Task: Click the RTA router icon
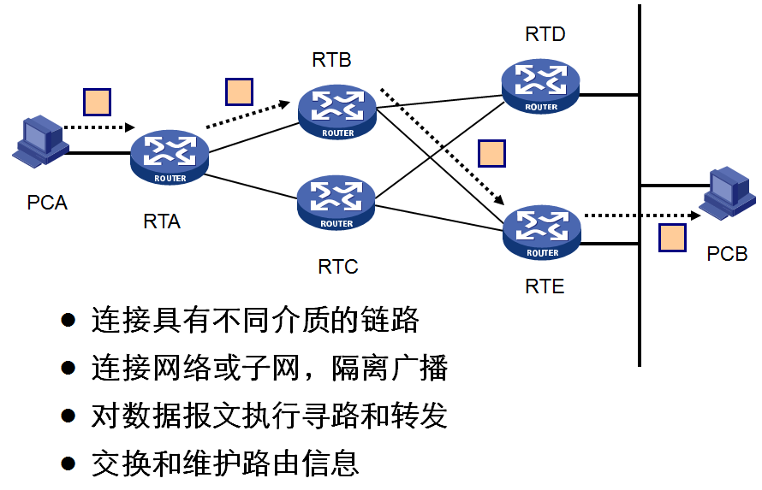pyautogui.click(x=170, y=156)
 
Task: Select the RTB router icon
pyautogui.click(x=337, y=112)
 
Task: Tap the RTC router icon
pyautogui.click(x=336, y=203)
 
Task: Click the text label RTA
pyautogui.click(x=162, y=221)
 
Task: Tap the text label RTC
pyautogui.click(x=337, y=267)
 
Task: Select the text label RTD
pyautogui.click(x=545, y=34)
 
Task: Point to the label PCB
pyautogui.click(x=727, y=254)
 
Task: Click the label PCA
pyautogui.click(x=47, y=203)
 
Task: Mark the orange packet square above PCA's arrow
pyautogui.click(x=97, y=101)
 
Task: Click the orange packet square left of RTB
pyautogui.click(x=239, y=91)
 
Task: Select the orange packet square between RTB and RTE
pyautogui.click(x=491, y=153)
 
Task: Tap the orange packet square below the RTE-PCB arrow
pyautogui.click(x=672, y=238)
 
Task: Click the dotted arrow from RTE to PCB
pyautogui.click(x=638, y=215)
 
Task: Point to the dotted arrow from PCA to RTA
pyautogui.click(x=99, y=128)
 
